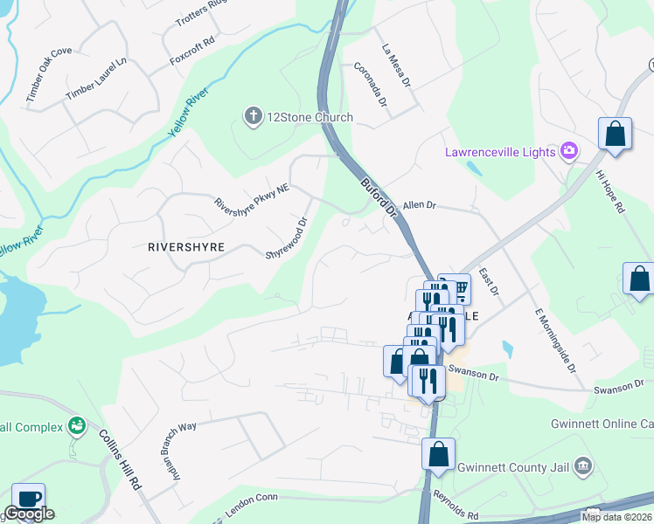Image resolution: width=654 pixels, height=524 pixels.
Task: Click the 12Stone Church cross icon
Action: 254,117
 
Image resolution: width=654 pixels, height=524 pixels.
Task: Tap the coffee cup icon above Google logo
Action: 28,498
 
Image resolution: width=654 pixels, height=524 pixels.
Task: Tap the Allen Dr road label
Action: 419,204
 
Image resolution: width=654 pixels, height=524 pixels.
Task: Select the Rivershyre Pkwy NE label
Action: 252,196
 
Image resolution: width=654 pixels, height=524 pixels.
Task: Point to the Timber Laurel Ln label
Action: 96,79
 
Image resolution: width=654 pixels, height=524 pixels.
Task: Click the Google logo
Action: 29,514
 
